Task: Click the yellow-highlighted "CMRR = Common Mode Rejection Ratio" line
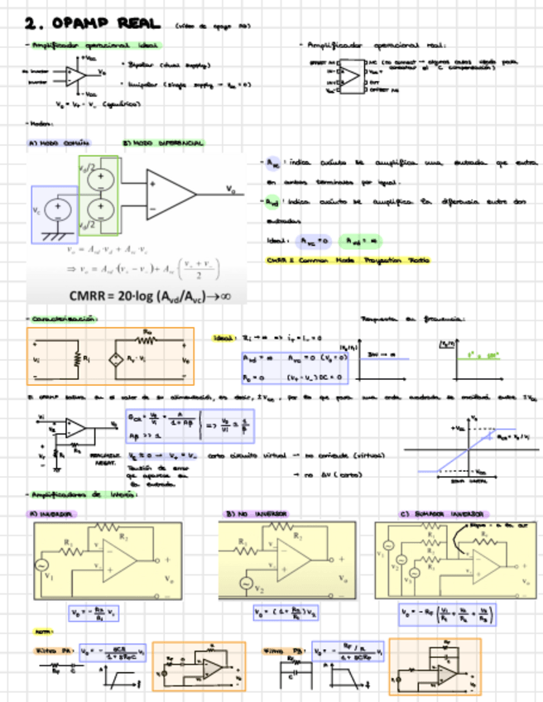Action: pyautogui.click(x=348, y=259)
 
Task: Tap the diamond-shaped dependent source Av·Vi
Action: pyautogui.click(x=117, y=360)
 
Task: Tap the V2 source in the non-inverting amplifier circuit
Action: pyautogui.click(x=244, y=584)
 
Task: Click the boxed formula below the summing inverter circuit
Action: pyautogui.click(x=447, y=613)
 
